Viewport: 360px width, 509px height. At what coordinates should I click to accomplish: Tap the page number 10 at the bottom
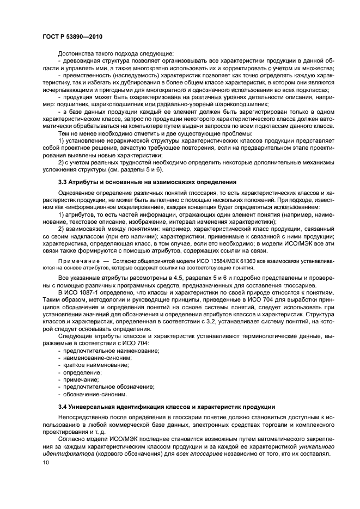(45, 463)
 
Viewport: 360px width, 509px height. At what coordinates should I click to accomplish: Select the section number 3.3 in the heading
(64, 182)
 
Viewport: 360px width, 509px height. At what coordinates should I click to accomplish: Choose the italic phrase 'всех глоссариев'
(196, 453)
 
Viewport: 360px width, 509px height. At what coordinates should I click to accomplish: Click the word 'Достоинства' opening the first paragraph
(77, 53)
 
